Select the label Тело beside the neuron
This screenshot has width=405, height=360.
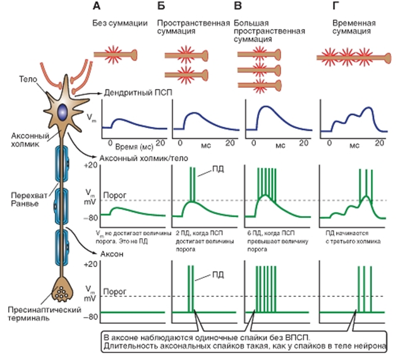click(x=26, y=79)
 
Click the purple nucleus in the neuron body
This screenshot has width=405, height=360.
click(x=62, y=111)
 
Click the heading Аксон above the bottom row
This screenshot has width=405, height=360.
click(x=113, y=252)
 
